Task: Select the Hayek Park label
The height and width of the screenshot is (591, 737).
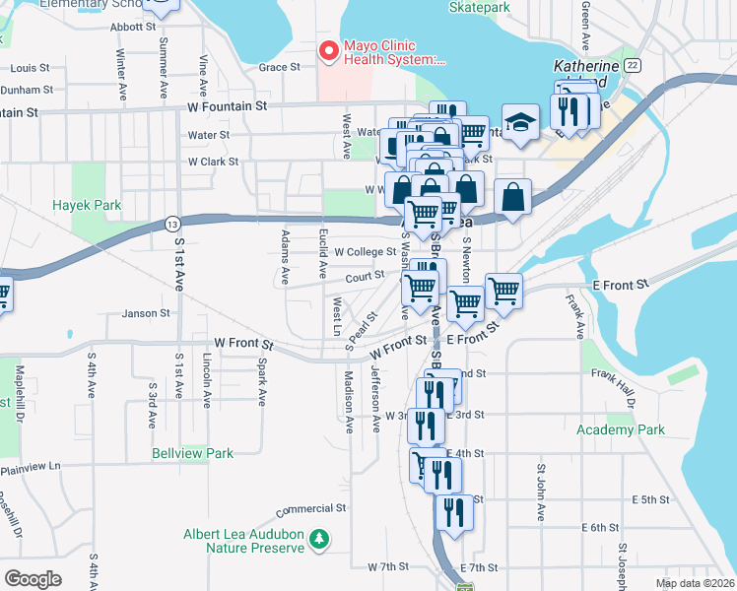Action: pos(88,207)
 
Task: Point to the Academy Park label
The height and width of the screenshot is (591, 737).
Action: pos(621,429)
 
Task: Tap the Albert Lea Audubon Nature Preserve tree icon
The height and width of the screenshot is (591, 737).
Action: pos(318,539)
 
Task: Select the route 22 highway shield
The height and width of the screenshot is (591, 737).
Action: pos(633,64)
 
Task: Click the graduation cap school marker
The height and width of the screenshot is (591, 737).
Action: pos(520,123)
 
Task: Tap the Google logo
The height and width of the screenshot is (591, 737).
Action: pos(33,578)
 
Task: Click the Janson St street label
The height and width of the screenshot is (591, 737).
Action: pos(146,314)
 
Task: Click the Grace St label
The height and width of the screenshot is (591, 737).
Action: pos(279,67)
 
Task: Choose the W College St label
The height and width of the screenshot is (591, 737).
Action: pos(365,252)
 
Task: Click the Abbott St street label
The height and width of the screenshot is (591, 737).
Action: pos(134,28)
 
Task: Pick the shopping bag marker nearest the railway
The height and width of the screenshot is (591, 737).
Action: pos(514,197)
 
